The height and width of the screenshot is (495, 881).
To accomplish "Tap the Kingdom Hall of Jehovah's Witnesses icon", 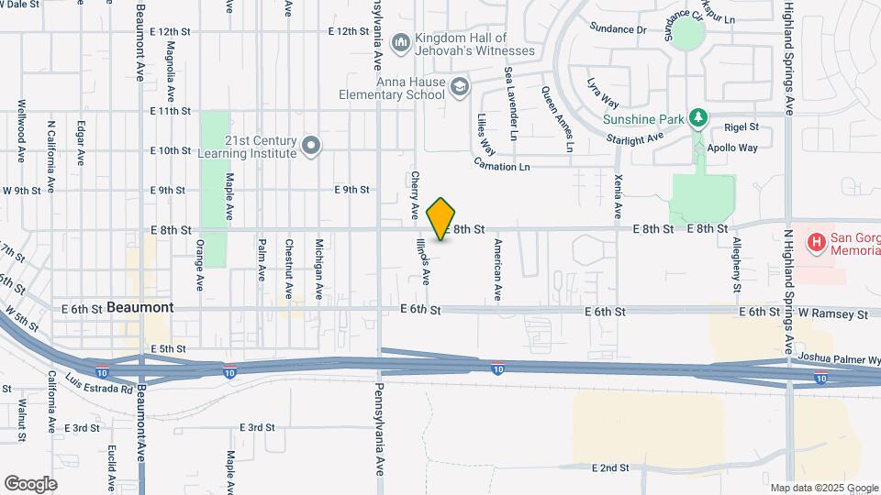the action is pos(400,43).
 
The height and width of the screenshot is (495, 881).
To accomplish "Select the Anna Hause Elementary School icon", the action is pos(460,88).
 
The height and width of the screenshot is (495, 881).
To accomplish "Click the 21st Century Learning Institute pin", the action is pos(312,146).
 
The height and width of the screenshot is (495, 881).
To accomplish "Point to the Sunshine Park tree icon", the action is pos(699,118).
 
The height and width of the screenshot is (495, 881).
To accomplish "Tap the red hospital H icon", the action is pos(815,243).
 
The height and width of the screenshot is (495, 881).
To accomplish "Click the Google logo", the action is pos(30,483).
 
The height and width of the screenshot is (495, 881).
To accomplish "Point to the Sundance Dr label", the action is pos(618,29).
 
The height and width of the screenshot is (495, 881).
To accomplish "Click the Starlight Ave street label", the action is pos(634,138).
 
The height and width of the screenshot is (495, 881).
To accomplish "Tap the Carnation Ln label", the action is pos(502,166).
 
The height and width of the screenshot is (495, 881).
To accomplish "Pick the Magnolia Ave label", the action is pos(170,76).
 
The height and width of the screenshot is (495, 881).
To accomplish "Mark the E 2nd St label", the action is pos(609,467).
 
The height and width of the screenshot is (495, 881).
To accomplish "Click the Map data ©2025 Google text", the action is pos(823,488).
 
